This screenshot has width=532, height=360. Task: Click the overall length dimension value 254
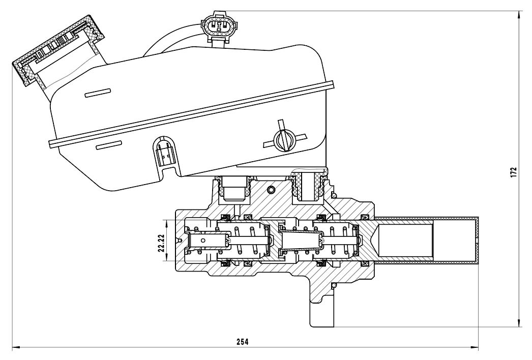(243, 342)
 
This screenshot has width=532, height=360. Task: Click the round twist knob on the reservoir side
(284, 139)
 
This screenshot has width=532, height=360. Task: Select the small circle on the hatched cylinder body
(271, 190)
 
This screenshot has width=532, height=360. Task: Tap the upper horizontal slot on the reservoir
(98, 93)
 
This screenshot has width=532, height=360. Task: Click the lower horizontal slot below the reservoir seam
(109, 145)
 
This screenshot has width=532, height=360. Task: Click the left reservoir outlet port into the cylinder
(234, 187)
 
